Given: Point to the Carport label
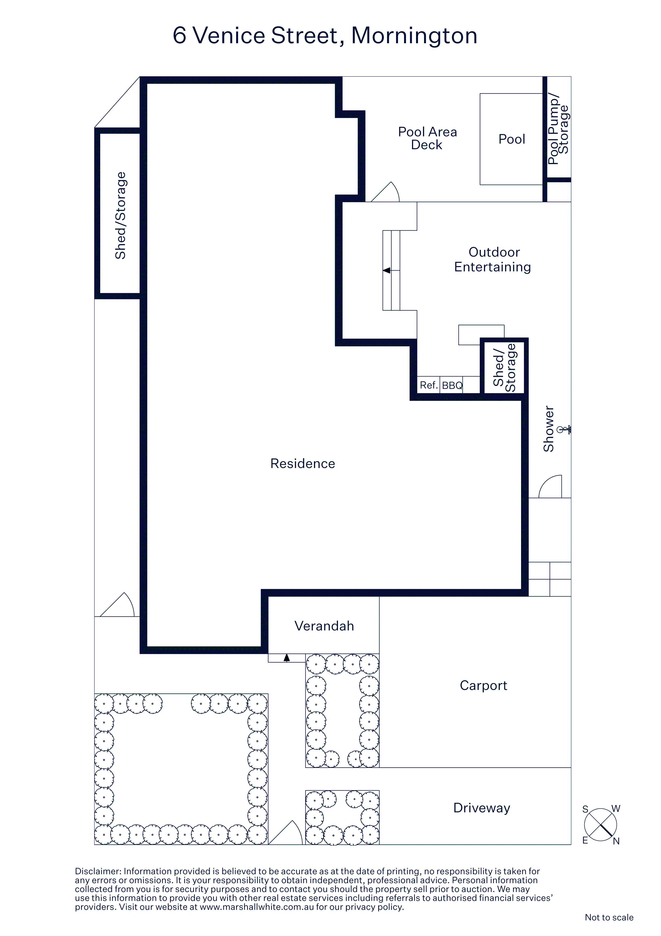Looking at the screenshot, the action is (483, 686).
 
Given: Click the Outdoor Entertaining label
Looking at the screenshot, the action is (493, 259).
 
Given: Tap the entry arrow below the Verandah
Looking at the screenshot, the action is (287, 657).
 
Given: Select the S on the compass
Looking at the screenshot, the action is (585, 809).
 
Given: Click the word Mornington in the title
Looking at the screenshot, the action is (414, 35).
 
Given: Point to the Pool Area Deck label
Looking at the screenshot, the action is (427, 138).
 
